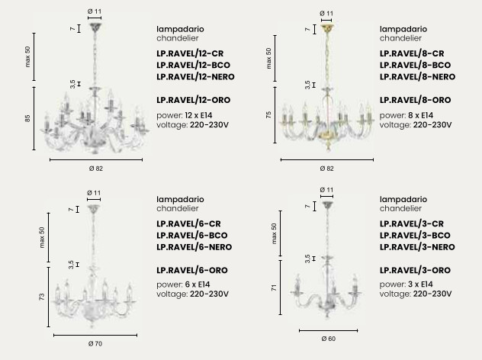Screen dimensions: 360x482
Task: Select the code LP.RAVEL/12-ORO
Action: [x=193, y=100]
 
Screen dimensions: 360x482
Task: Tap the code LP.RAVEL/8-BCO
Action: [x=416, y=66]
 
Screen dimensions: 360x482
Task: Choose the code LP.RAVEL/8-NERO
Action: [x=418, y=77]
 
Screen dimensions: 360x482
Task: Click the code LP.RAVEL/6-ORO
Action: [x=191, y=270]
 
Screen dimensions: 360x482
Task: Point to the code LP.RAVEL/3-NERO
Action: [x=417, y=247]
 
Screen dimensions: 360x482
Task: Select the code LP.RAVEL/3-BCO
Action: [x=416, y=236]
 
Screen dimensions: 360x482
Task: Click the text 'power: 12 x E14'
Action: [x=188, y=114]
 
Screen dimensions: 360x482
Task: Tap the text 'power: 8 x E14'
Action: [x=411, y=114]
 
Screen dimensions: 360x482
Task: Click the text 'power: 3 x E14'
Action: [x=410, y=284]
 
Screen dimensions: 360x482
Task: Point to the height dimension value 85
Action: [x=27, y=118]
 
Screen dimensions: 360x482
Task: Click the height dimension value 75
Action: [x=268, y=114]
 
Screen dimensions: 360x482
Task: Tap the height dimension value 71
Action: [x=272, y=288]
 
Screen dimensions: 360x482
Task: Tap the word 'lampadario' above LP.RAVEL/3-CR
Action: [x=401, y=198]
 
